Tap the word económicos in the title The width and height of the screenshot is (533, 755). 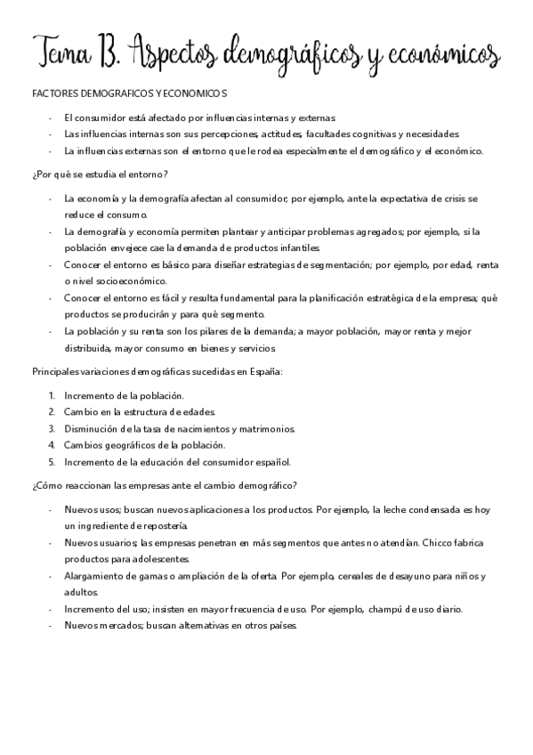pyautogui.click(x=441, y=53)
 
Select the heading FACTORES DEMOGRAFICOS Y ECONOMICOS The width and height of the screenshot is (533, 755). pyautogui.click(x=128, y=93)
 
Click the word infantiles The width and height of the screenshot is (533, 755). pyautogui.click(x=291, y=248)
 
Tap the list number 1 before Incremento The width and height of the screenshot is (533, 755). pyautogui.click(x=52, y=395)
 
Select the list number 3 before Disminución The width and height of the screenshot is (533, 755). pyautogui.click(x=52, y=428)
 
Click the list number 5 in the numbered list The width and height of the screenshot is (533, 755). pyautogui.click(x=52, y=461)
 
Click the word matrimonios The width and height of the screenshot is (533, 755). pyautogui.click(x=266, y=428)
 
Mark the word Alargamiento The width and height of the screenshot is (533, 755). pyautogui.click(x=93, y=576)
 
